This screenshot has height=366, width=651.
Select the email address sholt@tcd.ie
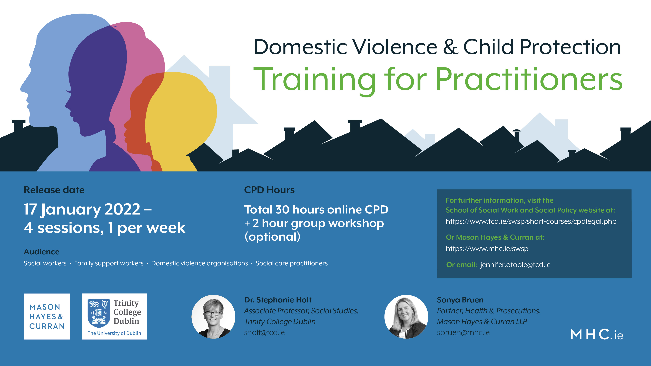pos(264,333)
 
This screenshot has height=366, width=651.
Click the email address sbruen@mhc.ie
pos(463,333)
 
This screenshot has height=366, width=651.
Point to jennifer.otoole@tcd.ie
pos(515,265)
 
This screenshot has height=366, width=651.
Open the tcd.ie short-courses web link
pos(531,221)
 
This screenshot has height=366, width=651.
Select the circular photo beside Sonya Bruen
pos(406,317)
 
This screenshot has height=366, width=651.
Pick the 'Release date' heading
pos(54,190)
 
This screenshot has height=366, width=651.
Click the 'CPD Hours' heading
pos(269,190)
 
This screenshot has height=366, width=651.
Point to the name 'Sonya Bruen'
pos(460,300)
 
